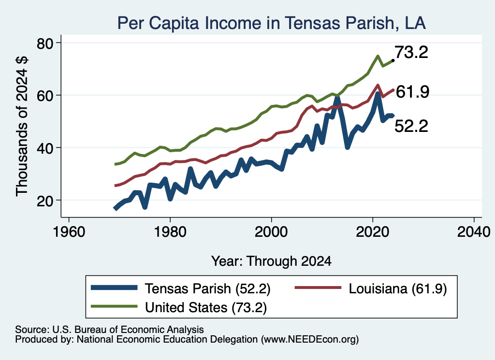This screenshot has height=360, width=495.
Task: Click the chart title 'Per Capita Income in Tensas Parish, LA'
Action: coord(272,23)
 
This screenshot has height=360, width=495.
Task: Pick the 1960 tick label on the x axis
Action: coord(69,232)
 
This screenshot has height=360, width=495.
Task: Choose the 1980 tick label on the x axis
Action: coord(170,232)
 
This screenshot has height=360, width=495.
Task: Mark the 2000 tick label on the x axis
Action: coord(271,232)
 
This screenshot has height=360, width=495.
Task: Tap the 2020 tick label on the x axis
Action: coord(373,232)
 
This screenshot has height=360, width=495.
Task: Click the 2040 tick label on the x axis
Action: coord(474,232)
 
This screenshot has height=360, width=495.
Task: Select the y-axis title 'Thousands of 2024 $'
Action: coord(22,126)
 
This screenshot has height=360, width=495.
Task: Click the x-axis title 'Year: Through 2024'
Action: coord(271,261)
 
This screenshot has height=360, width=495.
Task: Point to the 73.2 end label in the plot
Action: coord(411,52)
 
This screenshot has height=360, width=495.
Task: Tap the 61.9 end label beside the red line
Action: coord(412,92)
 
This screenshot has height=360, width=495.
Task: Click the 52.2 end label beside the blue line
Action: coord(411,126)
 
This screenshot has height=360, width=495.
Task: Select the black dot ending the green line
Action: coord(393,60)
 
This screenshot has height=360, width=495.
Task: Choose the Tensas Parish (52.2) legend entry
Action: coord(181,288)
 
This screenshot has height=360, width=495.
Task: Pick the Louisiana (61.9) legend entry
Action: coord(371,288)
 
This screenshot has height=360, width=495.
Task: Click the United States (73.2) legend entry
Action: coord(179,307)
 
